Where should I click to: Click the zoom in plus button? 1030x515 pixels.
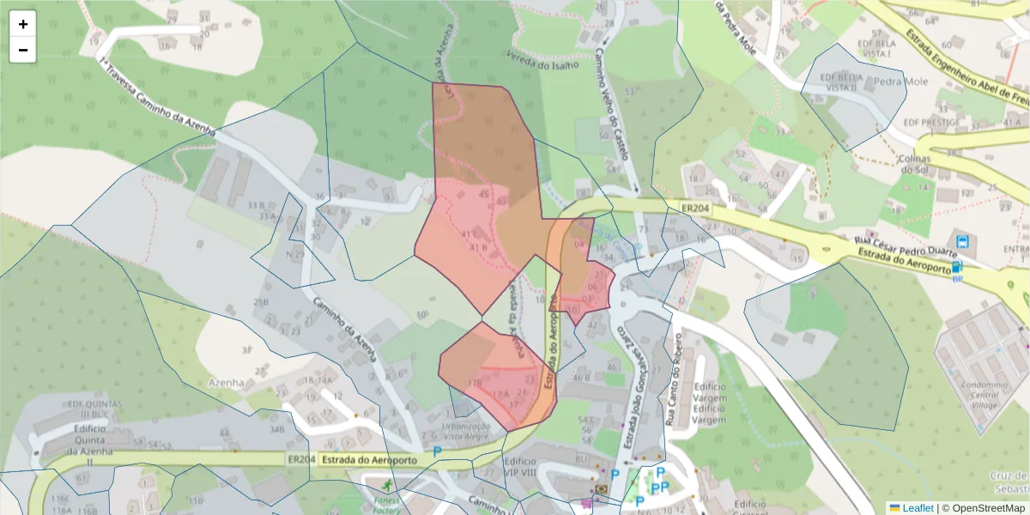tap(23, 24)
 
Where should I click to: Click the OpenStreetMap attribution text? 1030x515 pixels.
tap(984, 507)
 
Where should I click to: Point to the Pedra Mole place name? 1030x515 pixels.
tap(900, 82)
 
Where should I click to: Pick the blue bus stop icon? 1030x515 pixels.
tap(962, 242)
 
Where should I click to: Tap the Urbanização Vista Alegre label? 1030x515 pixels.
tap(466, 431)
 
